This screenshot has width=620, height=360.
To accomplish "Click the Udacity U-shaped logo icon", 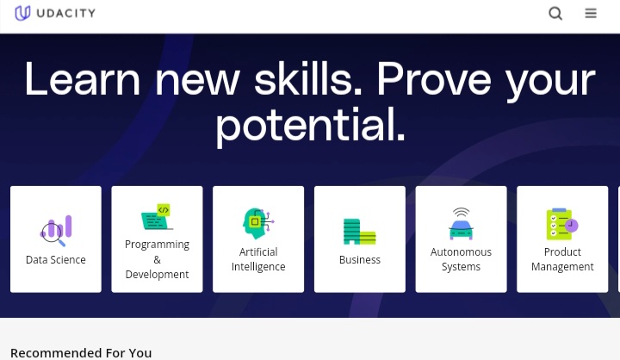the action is tap(22, 13).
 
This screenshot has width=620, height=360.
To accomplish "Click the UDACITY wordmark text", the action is tap(66, 14).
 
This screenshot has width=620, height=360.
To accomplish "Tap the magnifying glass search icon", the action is tap(555, 14).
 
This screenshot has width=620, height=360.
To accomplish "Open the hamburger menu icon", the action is tap(591, 14).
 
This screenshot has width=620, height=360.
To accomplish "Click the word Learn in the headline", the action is tap(83, 79).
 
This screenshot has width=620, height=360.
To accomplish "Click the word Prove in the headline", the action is tap(434, 78).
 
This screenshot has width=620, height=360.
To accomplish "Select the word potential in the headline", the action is tap(310, 124).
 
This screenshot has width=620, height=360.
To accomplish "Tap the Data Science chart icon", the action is tap(56, 231).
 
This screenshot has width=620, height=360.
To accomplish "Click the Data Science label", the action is tap(56, 259).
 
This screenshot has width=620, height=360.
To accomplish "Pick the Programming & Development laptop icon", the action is tap(157, 216).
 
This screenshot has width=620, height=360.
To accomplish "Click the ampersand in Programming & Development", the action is tap(157, 259).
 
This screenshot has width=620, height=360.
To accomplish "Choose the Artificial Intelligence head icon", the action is tap(258, 224).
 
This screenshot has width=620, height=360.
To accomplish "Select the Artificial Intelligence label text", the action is tap(258, 259).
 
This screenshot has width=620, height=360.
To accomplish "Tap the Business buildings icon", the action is tap(359, 232).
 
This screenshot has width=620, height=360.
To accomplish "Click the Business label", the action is tap(360, 259).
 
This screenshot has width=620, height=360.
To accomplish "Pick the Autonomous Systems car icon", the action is tap(461, 224).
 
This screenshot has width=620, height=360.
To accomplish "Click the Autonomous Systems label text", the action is tap(461, 259).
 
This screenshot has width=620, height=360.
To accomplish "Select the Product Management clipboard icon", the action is tap(562, 224).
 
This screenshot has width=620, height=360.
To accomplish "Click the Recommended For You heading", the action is tap(81, 353).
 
